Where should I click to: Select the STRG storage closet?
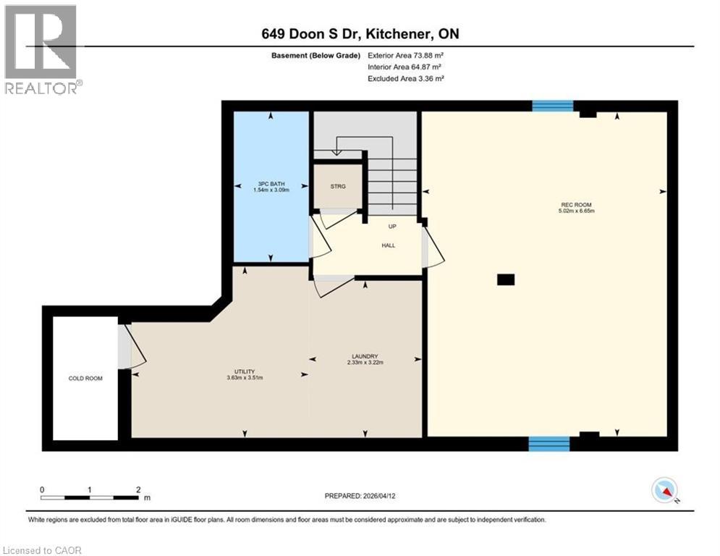pos(337,187)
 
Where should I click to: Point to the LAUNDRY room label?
pos(365,356)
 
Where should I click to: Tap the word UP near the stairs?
pos(391,227)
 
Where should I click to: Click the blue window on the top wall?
pos(552,106)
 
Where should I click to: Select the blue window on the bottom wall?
pos(549,443)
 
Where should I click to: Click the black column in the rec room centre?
pos(506,279)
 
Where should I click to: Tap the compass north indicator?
pos(664,491)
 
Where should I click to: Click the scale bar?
pos(90,497)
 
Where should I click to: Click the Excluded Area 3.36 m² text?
pos(405,78)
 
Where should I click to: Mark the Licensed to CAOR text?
pos(43,550)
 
